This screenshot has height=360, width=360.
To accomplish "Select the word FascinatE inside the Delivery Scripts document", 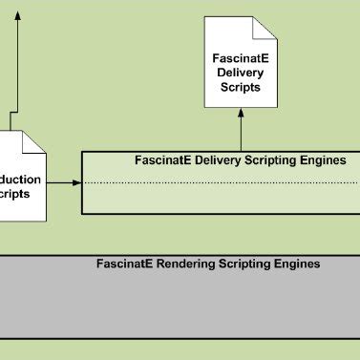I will point(240,55).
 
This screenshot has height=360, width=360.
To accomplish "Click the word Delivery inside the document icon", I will point(241,71).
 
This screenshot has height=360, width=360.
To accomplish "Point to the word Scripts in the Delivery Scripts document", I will point(241,86).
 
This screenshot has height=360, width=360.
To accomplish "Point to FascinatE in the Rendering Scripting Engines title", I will point(123,264).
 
